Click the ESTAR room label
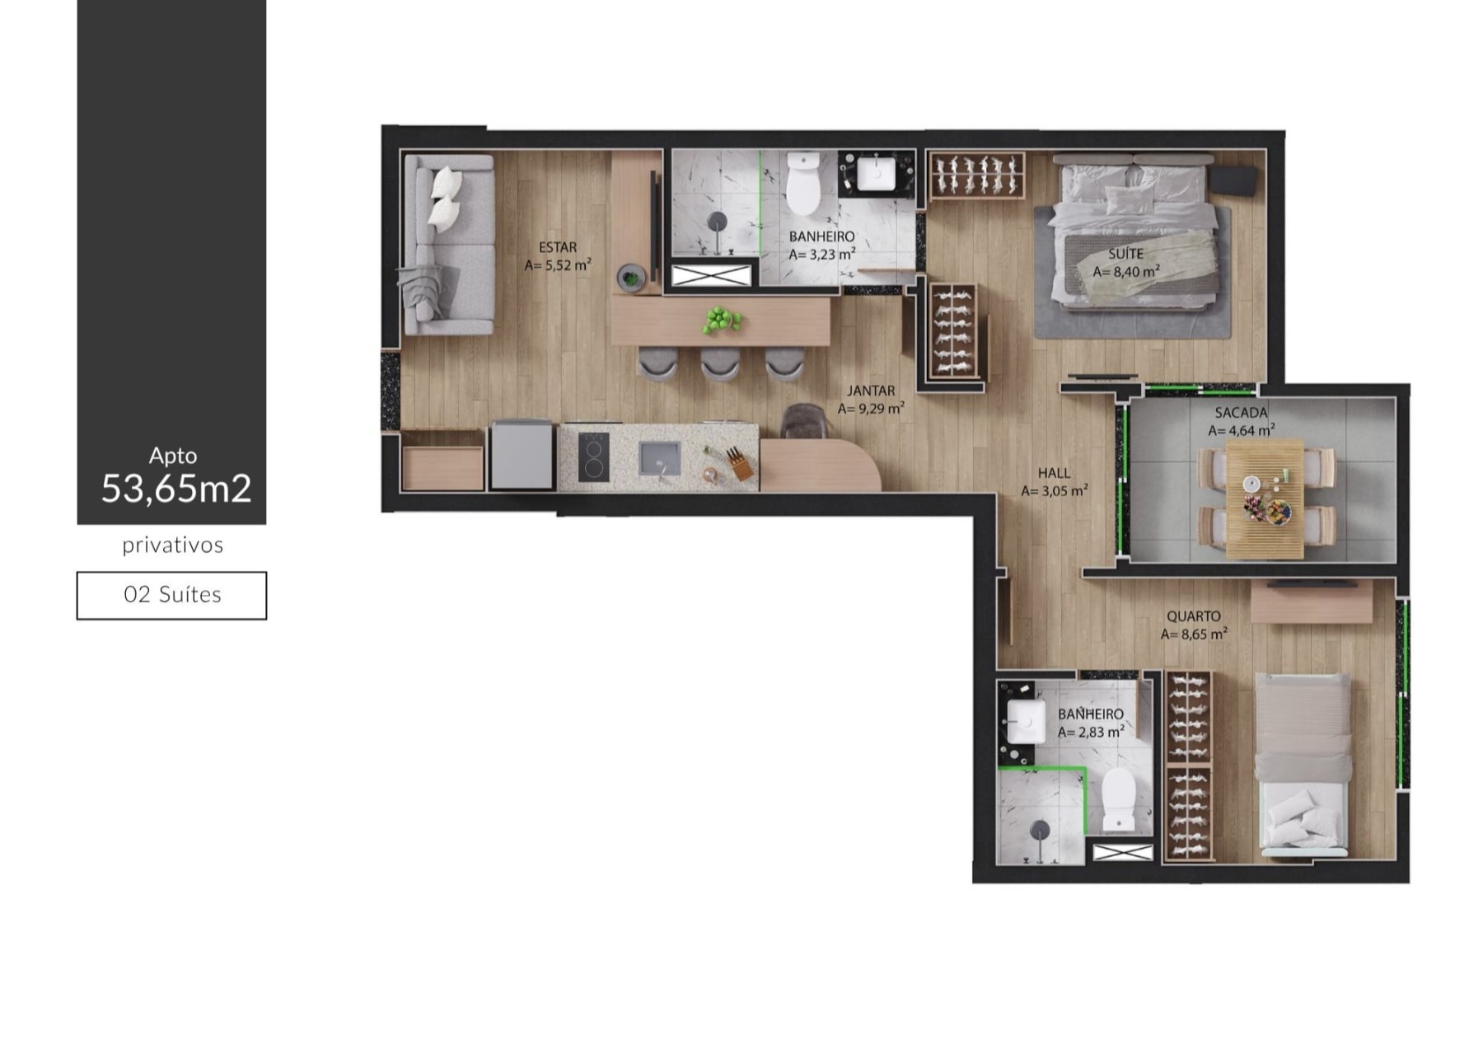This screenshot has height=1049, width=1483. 558,247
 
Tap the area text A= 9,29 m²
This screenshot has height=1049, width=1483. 871,409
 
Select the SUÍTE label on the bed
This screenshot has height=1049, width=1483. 1125,254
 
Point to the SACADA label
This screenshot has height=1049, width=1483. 1241,413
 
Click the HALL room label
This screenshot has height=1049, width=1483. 1054,473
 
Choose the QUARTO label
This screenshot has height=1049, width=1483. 1193,616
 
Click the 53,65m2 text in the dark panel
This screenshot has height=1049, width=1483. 176,489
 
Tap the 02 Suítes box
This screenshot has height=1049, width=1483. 171,595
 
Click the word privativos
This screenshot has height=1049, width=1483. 173,546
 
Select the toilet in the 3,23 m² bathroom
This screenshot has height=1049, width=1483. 802,183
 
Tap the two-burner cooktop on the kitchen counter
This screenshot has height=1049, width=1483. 593,457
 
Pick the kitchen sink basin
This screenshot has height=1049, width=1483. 660,458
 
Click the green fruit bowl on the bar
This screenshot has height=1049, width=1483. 723,320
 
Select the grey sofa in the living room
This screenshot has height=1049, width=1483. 447,245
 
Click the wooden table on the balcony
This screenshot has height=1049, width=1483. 1265,499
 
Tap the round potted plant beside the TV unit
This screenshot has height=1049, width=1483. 630,278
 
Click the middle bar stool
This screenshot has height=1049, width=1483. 720,363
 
